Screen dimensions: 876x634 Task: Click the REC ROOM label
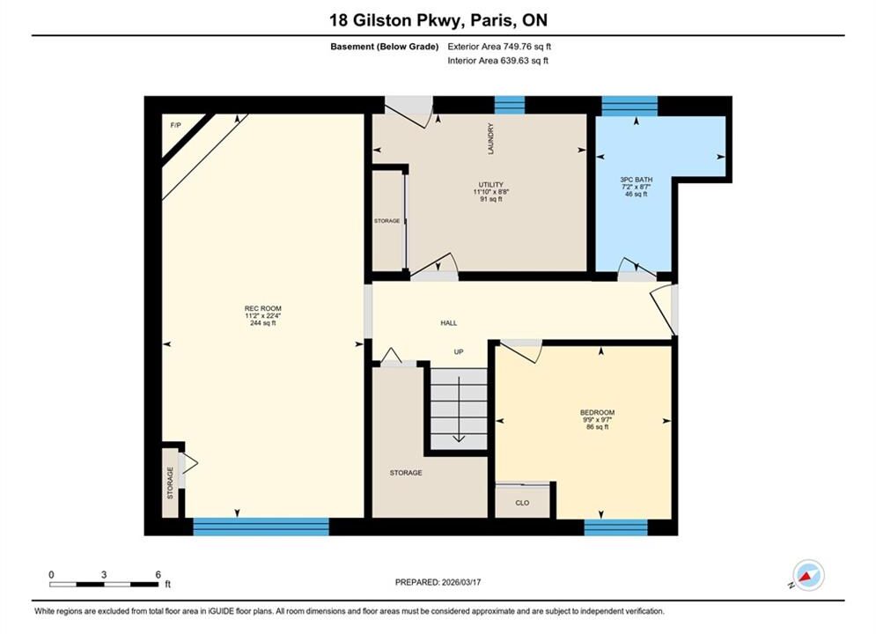click(262, 308)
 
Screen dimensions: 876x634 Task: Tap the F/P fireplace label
click(175, 125)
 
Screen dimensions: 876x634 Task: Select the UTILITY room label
click(490, 184)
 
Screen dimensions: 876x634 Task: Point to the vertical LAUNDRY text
click(490, 139)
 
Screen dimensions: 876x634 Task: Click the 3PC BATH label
click(636, 180)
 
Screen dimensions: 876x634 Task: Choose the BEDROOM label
click(597, 412)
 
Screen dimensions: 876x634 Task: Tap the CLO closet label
click(522, 503)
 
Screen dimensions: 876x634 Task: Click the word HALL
click(449, 323)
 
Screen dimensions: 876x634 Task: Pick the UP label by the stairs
click(459, 351)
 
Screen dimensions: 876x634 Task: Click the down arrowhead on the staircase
click(459, 438)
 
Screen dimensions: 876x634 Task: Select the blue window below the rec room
click(261, 527)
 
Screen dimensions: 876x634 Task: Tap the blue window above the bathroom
click(629, 106)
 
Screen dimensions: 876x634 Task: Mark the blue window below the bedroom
click(615, 527)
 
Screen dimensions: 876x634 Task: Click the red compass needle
click(805, 577)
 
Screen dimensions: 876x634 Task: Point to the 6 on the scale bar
click(158, 574)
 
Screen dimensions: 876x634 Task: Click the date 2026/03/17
click(461, 582)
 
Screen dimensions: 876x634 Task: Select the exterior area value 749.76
click(516, 47)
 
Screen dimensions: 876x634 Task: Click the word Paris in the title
click(492, 20)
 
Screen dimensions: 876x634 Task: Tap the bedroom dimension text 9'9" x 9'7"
click(597, 419)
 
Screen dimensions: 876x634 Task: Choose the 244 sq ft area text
click(262, 323)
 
